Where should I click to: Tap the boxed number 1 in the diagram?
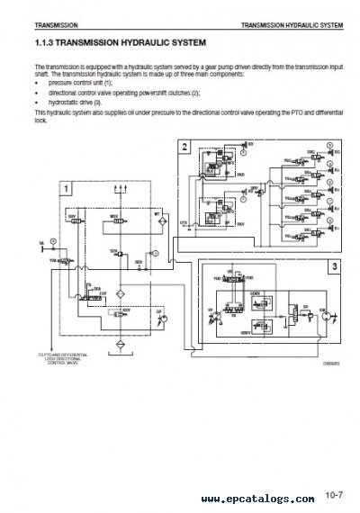66,188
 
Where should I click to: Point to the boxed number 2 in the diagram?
184,146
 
